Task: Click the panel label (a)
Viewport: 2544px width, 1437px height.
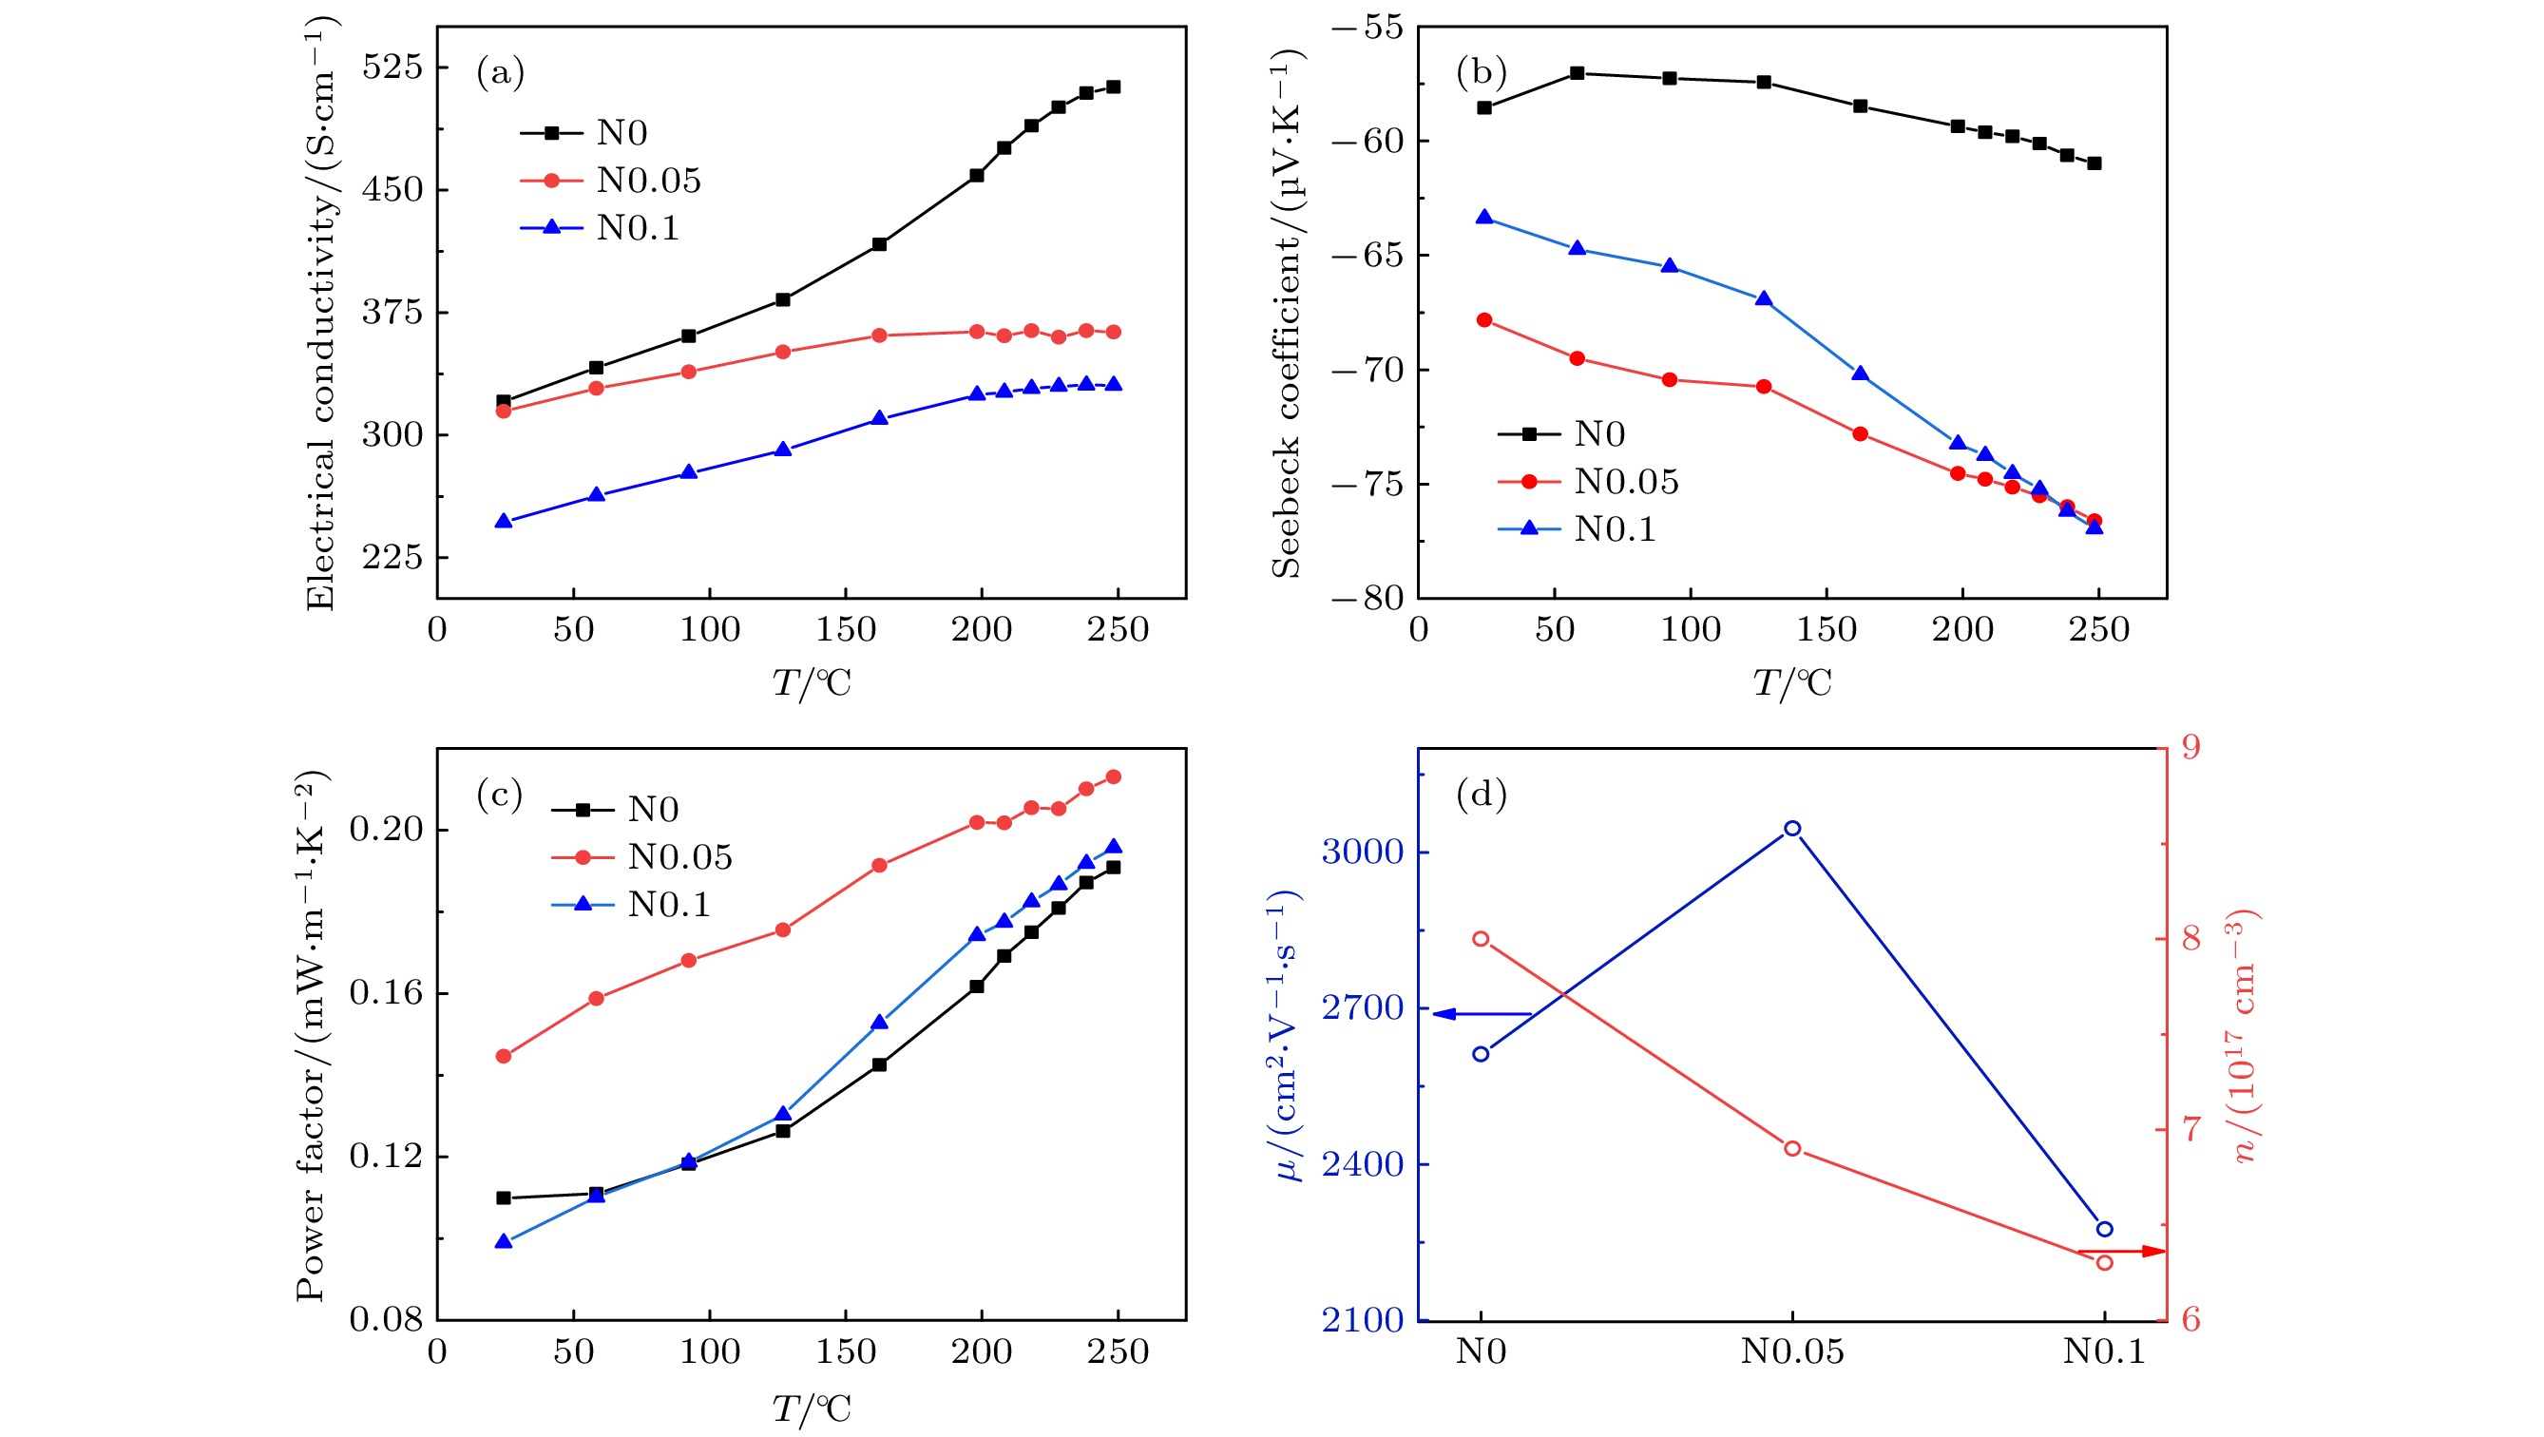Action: (500, 73)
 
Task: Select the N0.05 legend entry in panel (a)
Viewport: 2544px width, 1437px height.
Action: (648, 181)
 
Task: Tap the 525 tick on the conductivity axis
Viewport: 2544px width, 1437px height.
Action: (392, 67)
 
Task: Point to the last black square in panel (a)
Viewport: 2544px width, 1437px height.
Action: (1113, 86)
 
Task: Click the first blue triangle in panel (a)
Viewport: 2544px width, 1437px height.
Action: (504, 521)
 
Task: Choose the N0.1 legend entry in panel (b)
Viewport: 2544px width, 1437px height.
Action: (1614, 529)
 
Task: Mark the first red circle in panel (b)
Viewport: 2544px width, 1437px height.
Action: (1484, 320)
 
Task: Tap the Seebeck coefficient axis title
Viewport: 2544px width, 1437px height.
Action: (1287, 314)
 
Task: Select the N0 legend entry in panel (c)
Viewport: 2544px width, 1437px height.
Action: (653, 810)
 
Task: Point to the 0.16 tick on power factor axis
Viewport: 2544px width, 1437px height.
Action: (386, 992)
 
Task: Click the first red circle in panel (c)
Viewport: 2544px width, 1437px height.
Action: (504, 1056)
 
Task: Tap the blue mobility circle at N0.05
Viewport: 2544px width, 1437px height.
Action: (1792, 829)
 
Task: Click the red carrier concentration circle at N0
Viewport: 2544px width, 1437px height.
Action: (1482, 938)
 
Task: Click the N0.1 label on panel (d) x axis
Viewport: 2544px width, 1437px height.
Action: (2104, 1351)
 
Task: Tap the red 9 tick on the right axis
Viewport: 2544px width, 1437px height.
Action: (2191, 748)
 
